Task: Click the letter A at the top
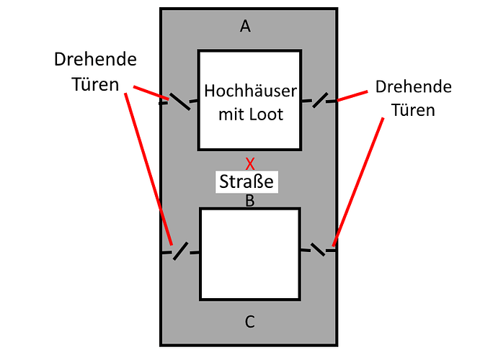tap(246, 27)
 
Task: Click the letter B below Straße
tap(249, 201)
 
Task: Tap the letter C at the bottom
tap(249, 322)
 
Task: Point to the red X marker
tap(249, 163)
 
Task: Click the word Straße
tap(247, 181)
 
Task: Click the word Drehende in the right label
tap(414, 87)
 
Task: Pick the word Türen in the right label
tap(414, 110)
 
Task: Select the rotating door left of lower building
tap(181, 250)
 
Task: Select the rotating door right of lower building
tap(318, 248)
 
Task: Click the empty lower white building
tap(249, 253)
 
